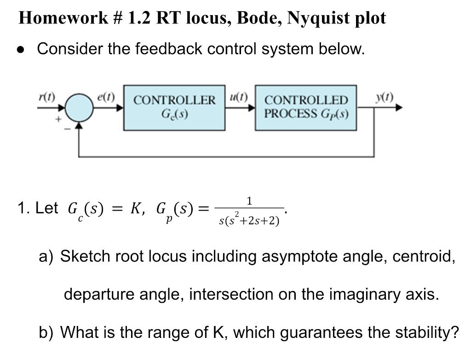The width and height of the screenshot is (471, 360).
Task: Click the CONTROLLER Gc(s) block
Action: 174,107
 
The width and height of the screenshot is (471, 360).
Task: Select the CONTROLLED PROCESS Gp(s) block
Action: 306,107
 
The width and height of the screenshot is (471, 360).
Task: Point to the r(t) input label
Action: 46,97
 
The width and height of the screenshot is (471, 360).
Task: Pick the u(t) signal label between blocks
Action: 238,97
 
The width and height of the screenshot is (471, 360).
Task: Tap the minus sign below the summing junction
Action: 67,129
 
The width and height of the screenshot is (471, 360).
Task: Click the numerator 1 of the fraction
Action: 249,200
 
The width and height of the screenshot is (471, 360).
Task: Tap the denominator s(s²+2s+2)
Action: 249,221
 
